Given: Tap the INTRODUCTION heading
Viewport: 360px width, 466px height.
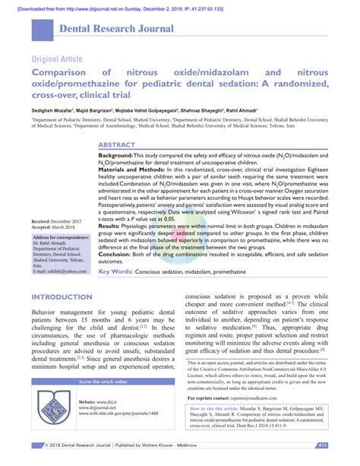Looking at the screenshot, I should click(68, 297).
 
